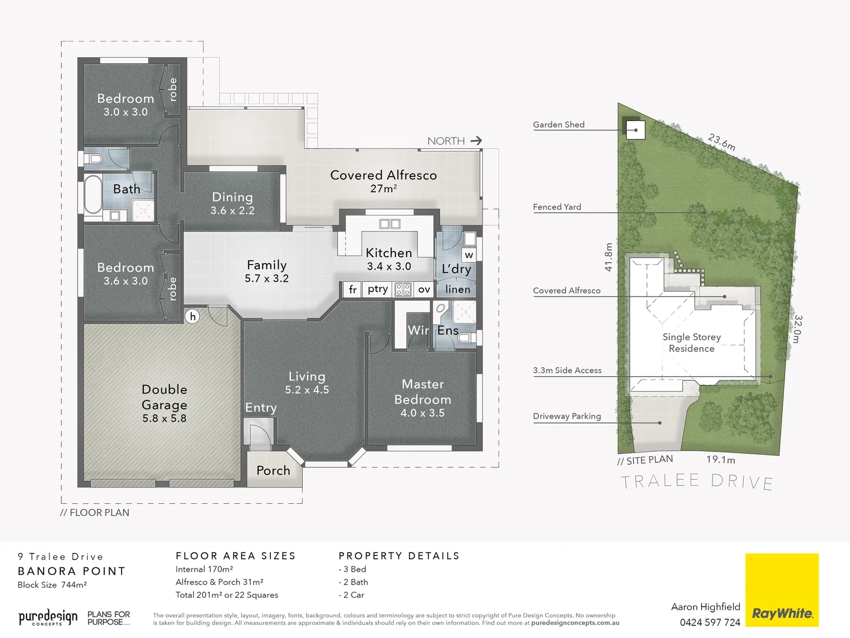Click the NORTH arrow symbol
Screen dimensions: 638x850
tap(476, 141)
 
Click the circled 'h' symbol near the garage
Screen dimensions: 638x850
tap(192, 317)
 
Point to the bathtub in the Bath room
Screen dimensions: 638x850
tap(93, 194)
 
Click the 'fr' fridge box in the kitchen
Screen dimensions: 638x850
tap(352, 289)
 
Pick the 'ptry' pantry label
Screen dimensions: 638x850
tap(378, 289)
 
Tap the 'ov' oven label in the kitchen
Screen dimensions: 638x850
tap(424, 289)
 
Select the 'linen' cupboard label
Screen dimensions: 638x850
tap(457, 289)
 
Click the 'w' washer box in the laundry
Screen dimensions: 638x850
tap(469, 255)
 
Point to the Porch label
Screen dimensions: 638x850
tap(273, 471)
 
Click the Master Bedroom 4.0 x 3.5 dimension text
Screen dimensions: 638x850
tap(423, 413)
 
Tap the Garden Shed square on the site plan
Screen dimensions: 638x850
tap(635, 129)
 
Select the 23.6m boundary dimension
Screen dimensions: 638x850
tap(721, 142)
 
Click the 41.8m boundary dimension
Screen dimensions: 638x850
tap(609, 257)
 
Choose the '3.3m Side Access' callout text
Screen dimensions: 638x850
tap(567, 370)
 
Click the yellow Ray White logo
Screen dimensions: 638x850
tap(782, 590)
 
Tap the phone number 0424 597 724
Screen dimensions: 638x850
tap(710, 622)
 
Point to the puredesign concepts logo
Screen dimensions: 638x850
tap(48, 618)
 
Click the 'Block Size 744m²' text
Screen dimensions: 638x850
tap(52, 585)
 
